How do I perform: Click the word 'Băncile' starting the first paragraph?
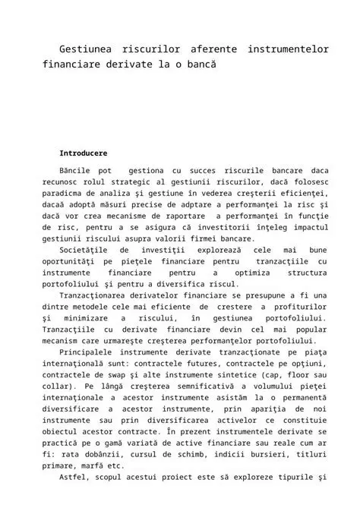(76, 172)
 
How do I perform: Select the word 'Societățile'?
(84, 250)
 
